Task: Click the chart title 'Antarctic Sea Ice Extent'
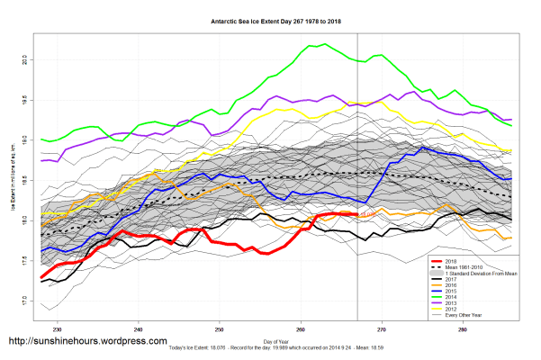(270, 19)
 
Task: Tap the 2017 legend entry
(464, 281)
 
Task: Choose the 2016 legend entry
(464, 287)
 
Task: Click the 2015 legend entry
(464, 293)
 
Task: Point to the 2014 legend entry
(464, 300)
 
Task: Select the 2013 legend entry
(464, 306)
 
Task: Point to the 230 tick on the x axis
(58, 329)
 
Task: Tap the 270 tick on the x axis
(382, 329)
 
